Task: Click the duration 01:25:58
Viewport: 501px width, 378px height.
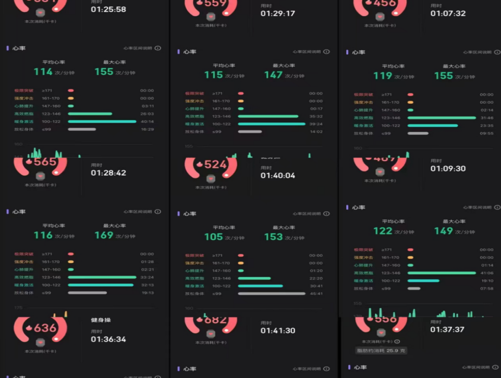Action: click(108, 9)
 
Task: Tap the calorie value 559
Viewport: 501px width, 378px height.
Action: click(215, 4)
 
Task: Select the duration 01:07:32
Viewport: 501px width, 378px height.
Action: click(448, 13)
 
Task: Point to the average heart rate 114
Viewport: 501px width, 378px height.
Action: click(43, 72)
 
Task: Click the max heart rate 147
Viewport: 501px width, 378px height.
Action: click(273, 75)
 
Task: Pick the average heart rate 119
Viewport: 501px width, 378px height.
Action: click(383, 76)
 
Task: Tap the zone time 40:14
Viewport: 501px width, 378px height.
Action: click(146, 121)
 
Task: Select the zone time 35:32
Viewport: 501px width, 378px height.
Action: click(316, 116)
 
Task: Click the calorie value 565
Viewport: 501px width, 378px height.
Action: click(44, 162)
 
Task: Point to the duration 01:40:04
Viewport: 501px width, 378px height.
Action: click(278, 176)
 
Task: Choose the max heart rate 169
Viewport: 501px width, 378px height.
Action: click(104, 236)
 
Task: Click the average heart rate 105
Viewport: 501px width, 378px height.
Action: click(213, 237)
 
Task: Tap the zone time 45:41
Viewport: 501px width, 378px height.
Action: click(316, 294)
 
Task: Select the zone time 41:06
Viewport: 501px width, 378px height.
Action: click(486, 273)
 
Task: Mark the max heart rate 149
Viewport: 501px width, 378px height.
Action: click(443, 231)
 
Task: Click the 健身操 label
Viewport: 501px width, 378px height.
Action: click(101, 320)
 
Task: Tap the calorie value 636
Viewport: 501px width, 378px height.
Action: click(44, 328)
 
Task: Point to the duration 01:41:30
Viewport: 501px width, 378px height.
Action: click(278, 331)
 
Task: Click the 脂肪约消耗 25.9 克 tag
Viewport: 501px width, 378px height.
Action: click(381, 351)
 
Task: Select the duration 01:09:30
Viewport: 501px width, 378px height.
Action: click(448, 169)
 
